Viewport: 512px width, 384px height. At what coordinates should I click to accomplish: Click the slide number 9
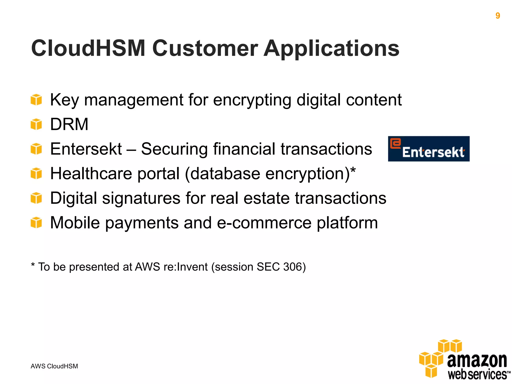click(x=497, y=16)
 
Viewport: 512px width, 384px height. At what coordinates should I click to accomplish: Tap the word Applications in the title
click(x=331, y=48)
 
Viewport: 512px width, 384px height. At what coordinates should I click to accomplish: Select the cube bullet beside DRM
click(x=36, y=124)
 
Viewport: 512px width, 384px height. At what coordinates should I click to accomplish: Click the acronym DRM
click(x=69, y=124)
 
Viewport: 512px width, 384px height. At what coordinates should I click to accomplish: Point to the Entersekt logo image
click(x=428, y=149)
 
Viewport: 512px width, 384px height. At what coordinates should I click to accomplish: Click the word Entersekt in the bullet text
click(x=86, y=149)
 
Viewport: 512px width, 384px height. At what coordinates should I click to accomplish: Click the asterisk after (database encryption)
click(x=353, y=171)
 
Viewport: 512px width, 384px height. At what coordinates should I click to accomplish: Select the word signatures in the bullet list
click(x=141, y=198)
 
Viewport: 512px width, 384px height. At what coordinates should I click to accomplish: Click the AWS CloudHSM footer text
click(x=54, y=366)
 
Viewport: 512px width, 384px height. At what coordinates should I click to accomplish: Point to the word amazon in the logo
click(x=477, y=360)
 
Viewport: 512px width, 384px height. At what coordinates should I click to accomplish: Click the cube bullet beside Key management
click(x=36, y=100)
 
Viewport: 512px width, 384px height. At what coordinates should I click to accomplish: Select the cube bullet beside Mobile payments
click(x=36, y=222)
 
